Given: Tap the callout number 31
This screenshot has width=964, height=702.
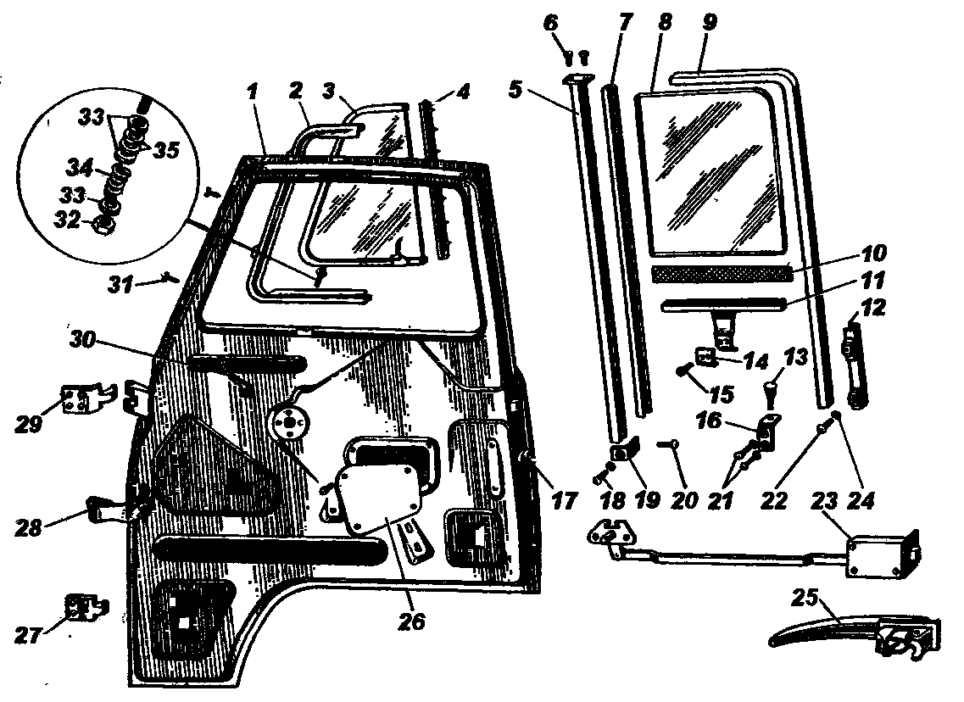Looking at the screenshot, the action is tap(121, 285).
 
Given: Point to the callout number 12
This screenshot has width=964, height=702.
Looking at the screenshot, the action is tap(873, 307).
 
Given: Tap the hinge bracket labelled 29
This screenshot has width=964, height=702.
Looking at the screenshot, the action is tap(88, 398).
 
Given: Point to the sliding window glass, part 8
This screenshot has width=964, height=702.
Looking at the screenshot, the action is tap(712, 173).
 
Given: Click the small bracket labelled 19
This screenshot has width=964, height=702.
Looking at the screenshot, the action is tap(625, 451).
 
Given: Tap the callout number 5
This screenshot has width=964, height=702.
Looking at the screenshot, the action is tap(515, 89).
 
